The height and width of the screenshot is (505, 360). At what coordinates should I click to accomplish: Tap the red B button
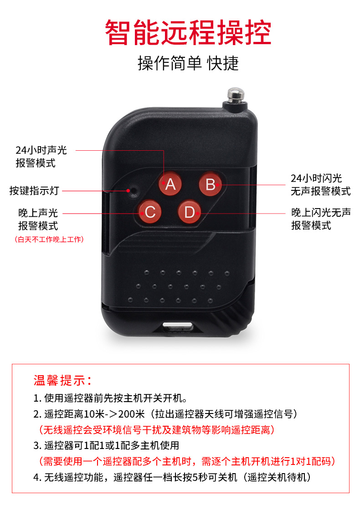(x=210, y=184)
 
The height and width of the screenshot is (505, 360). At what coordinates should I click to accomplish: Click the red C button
(x=150, y=212)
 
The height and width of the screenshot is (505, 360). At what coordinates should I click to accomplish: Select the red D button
(x=190, y=212)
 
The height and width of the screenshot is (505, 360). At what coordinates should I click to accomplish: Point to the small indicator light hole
(x=133, y=190)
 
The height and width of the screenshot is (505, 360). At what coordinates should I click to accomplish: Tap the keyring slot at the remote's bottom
(x=178, y=326)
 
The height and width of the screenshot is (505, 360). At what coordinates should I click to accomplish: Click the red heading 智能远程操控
(x=188, y=32)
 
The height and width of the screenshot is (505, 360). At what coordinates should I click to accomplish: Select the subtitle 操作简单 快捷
(x=188, y=63)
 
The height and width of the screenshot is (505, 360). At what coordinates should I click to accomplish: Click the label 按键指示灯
(x=34, y=190)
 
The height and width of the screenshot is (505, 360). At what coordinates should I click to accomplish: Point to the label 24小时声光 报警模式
(x=41, y=157)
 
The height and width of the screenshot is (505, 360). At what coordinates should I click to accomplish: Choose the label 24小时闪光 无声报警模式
(x=320, y=184)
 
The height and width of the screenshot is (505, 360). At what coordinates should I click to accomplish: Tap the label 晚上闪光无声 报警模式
(x=321, y=219)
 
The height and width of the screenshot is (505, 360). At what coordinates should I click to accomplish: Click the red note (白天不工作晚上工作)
(x=49, y=240)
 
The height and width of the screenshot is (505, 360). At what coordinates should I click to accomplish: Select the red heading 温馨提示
(x=62, y=380)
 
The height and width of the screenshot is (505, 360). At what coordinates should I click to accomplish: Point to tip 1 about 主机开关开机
(x=110, y=398)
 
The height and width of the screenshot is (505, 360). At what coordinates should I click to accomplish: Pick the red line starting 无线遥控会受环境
(x=156, y=429)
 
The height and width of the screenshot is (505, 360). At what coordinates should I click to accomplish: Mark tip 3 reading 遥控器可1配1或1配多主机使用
(x=106, y=445)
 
